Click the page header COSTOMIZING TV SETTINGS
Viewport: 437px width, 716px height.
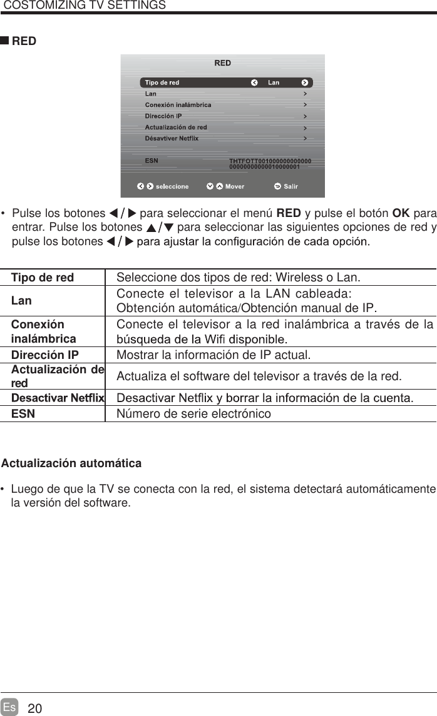pyautogui.click(x=85, y=6)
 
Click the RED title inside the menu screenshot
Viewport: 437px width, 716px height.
pyautogui.click(x=222, y=63)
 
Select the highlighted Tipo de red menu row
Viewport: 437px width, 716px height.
pyautogui.click(x=225, y=83)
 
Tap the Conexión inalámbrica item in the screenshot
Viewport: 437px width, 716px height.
pyautogui.click(x=178, y=104)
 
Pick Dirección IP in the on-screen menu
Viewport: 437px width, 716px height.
pyautogui.click(x=163, y=116)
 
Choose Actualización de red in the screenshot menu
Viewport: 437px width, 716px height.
pyautogui.click(x=176, y=127)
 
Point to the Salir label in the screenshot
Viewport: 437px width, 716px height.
pyautogui.click(x=290, y=186)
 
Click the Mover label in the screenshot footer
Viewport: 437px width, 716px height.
pyautogui.click(x=235, y=186)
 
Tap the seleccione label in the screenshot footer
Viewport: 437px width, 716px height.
pyautogui.click(x=172, y=186)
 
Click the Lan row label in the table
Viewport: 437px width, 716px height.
pyautogui.click(x=21, y=301)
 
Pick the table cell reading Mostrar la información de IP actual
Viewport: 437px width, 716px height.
pyautogui.click(x=213, y=356)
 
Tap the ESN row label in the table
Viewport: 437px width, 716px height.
pyautogui.click(x=23, y=414)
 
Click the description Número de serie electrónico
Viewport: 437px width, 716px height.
pyautogui.click(x=194, y=414)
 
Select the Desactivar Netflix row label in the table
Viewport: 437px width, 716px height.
pyautogui.click(x=58, y=397)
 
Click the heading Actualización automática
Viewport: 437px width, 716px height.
pyautogui.click(x=71, y=463)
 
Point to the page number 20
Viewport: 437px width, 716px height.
pyautogui.click(x=36, y=708)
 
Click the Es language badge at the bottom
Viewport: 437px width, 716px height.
pyautogui.click(x=9, y=707)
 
